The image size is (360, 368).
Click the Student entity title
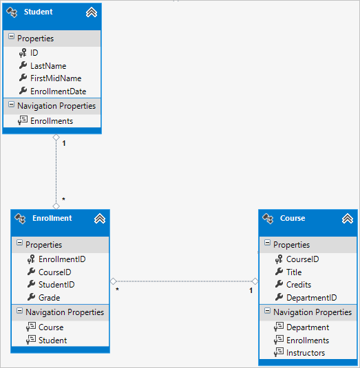click(38, 12)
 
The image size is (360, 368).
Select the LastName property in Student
click(48, 66)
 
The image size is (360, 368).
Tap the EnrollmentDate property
click(58, 91)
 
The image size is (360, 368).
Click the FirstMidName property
click(56, 78)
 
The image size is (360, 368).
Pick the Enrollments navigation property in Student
click(52, 121)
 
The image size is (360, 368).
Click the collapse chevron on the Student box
click(91, 12)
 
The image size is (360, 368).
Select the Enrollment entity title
click(52, 218)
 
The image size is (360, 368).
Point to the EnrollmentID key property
click(62, 259)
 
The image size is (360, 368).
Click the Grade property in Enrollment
click(49, 298)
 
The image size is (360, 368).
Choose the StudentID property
click(56, 285)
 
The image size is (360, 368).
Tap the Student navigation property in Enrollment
click(53, 340)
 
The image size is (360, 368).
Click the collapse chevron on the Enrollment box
click(99, 219)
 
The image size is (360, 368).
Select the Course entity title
click(293, 218)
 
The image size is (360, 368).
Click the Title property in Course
click(294, 272)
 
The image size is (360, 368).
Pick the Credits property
click(299, 285)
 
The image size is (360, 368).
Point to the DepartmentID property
click(311, 298)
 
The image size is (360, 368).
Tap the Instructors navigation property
click(306, 353)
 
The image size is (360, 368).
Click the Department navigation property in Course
click(308, 327)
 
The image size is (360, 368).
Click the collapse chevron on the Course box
click(347, 219)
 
